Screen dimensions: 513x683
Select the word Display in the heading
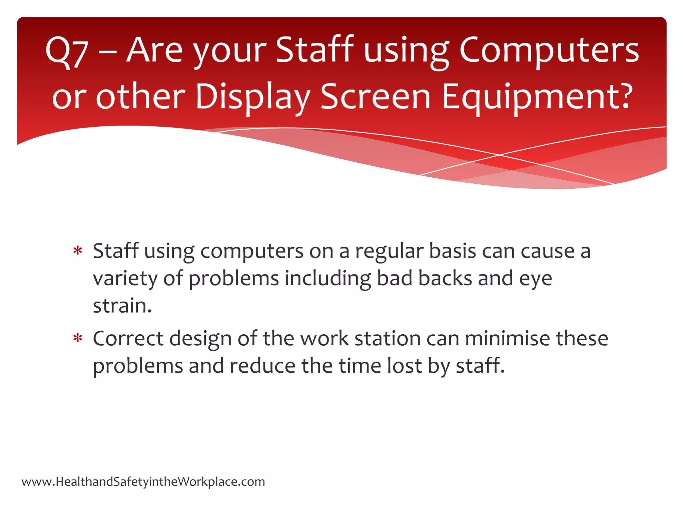pyautogui.click(x=253, y=97)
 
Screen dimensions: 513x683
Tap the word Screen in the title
pyautogui.click(x=375, y=97)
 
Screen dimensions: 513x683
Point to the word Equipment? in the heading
pyautogui.click(x=537, y=97)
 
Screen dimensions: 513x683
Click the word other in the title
pyautogui.click(x=140, y=97)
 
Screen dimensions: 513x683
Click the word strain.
pyautogui.click(x=122, y=306)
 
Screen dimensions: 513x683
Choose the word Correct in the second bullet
pyautogui.click(x=128, y=339)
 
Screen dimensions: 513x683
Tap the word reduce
pyautogui.click(x=262, y=366)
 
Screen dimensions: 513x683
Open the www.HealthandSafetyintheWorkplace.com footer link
pyautogui.click(x=143, y=482)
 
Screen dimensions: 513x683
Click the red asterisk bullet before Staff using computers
pyautogui.click(x=78, y=251)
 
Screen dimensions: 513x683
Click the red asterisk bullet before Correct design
pyautogui.click(x=78, y=338)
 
